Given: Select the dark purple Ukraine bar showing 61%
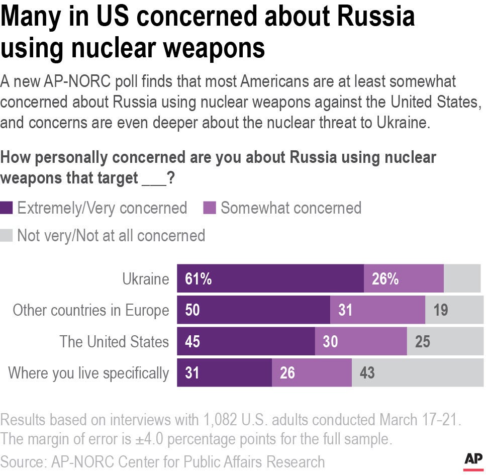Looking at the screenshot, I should tap(270, 278).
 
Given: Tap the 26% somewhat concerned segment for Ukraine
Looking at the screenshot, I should tap(404, 278).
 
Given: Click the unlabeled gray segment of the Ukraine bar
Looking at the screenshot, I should tap(462, 278).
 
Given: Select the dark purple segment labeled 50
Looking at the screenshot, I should tap(253, 310).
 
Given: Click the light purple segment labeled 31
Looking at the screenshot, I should tap(377, 310).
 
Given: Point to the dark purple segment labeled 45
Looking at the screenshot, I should tap(246, 342).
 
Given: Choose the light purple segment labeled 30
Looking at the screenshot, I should tap(360, 342).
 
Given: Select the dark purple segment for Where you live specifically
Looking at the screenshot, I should tap(224, 373).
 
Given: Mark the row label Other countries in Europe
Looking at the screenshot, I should tap(91, 311).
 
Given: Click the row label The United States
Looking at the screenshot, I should tap(114, 342).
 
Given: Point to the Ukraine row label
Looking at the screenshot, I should tap(146, 279).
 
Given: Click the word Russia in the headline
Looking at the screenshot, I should tap(377, 17).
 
